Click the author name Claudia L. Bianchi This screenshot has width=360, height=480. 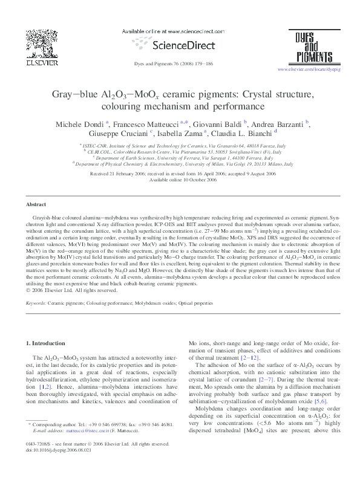tap(240, 135)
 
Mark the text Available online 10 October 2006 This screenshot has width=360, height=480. tap(180, 163)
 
